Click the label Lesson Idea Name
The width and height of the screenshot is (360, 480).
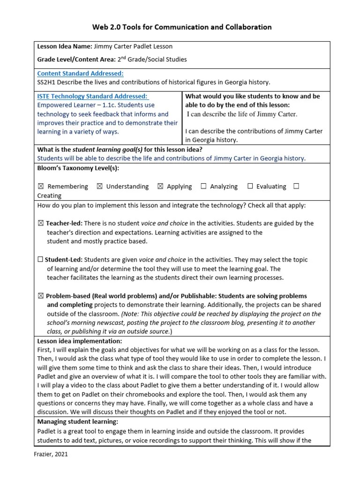pos(64,46)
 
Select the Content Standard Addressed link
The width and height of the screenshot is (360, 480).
pos(80,73)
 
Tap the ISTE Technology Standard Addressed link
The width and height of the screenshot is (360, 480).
pos(93,96)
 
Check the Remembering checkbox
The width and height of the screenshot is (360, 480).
pos(40,187)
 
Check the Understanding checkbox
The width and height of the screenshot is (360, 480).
pos(99,187)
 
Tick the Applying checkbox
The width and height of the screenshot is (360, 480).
pos(160,187)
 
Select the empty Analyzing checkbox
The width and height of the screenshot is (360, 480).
pos(203,187)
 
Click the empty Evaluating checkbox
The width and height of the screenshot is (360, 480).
pos(250,187)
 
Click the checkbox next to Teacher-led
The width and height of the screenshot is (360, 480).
pos(40,224)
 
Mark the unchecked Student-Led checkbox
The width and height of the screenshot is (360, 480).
pos(40,260)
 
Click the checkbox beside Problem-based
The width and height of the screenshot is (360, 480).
pos(40,296)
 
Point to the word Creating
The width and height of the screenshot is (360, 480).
pos(49,195)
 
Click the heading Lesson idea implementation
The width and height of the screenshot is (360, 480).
pos(79,341)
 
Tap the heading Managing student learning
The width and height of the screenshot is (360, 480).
pos(77,422)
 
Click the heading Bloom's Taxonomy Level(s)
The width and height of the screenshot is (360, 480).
pos(78,168)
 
